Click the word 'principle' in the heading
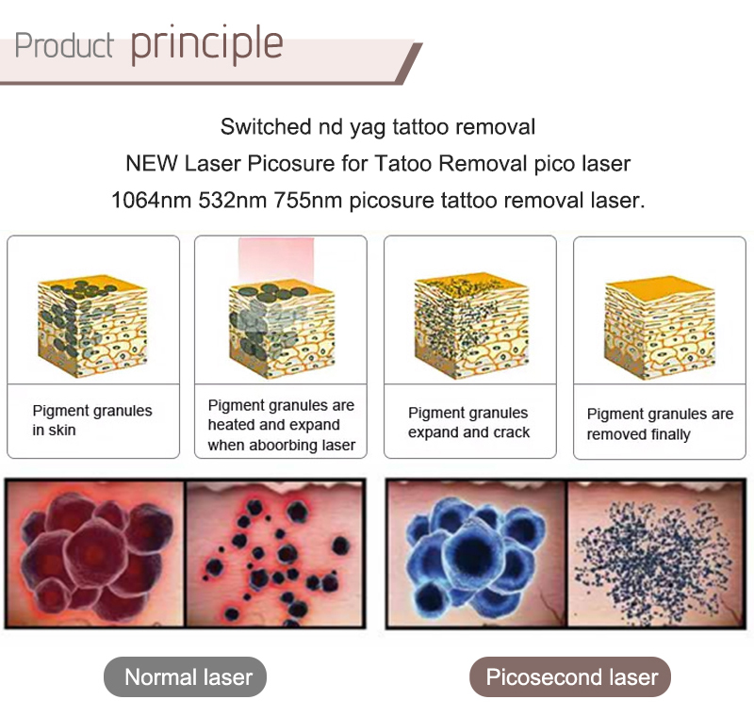(206, 43)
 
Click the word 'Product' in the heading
(64, 45)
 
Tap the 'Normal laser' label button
(188, 676)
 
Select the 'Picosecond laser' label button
(570, 676)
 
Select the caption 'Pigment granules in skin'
(91, 420)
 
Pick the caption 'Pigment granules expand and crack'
(468, 422)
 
